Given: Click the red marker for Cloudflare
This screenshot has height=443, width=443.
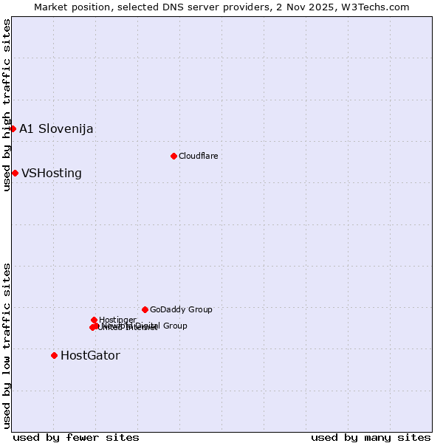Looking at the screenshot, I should (x=174, y=156).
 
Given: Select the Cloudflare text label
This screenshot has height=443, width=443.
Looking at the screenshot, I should (x=198, y=156).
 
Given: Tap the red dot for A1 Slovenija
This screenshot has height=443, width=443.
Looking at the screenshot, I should (x=13, y=128).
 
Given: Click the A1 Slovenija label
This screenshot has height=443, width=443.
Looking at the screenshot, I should (x=56, y=128).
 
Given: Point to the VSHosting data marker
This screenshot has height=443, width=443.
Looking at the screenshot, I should (x=15, y=173).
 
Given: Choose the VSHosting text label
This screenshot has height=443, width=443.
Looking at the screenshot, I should (x=52, y=174).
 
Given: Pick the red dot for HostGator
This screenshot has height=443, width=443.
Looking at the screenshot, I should (x=54, y=355).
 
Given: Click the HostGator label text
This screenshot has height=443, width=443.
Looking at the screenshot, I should (x=90, y=355).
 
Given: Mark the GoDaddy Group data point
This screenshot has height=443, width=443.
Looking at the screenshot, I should (x=145, y=309).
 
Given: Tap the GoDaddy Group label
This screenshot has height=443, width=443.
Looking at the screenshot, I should (x=181, y=309).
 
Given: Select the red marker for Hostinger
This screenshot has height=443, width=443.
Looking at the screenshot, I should (x=94, y=320).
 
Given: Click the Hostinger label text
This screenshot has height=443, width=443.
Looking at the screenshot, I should (x=117, y=320).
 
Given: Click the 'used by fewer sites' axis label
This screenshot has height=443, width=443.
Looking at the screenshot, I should (x=76, y=437).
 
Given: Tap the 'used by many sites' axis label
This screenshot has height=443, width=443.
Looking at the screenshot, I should (x=371, y=437).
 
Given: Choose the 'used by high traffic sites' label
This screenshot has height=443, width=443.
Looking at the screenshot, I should (x=7, y=105).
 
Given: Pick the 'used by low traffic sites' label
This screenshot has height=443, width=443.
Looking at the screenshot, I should (x=7, y=346).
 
